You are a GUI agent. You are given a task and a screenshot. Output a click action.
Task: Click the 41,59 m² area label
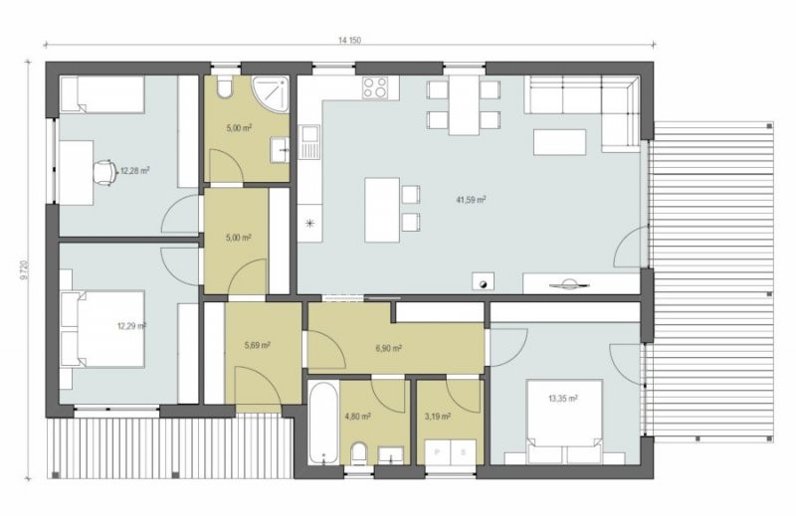(471, 200)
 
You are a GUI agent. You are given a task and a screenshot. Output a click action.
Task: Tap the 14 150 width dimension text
(349, 40)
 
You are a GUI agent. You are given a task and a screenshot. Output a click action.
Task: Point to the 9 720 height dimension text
(24, 270)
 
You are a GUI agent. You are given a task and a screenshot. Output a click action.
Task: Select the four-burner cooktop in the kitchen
(375, 87)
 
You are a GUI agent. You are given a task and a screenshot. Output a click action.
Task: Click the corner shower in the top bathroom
(271, 93)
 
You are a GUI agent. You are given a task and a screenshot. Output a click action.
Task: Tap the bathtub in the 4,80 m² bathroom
(323, 423)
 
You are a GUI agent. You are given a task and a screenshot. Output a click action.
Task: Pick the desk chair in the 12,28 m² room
(105, 172)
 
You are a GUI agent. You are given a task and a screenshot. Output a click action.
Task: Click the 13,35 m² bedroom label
(562, 399)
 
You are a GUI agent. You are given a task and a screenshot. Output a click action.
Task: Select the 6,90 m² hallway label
(389, 349)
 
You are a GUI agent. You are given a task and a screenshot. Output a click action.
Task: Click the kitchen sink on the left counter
(309, 141)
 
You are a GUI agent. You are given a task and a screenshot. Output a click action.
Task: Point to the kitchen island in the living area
(382, 210)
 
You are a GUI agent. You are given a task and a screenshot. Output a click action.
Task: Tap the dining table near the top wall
(464, 105)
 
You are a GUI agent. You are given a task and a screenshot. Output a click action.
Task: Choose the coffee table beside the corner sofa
(559, 142)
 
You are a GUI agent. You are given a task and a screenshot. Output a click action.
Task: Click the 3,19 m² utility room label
(438, 417)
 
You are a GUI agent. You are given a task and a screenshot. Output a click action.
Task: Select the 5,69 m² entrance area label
(257, 346)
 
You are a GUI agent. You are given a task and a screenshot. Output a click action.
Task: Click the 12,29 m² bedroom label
(131, 326)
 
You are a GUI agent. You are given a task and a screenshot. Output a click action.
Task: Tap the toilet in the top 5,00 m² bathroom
(224, 86)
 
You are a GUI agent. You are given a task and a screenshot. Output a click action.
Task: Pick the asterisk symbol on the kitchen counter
(309, 223)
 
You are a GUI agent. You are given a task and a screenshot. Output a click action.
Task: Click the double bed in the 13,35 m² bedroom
(565, 422)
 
